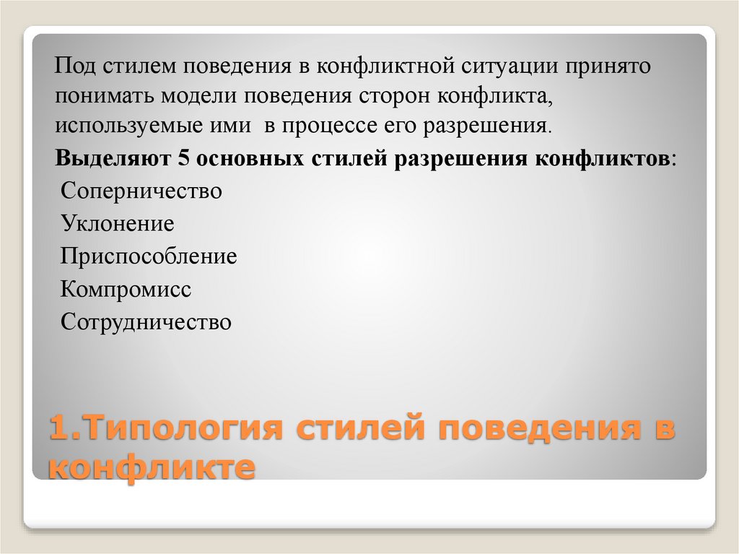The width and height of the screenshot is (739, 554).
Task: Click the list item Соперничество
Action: coord(141,192)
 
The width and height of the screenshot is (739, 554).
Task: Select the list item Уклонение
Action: coord(118,224)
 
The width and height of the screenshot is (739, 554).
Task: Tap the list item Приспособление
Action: coord(149,256)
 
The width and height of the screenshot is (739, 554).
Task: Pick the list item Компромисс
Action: coord(126,289)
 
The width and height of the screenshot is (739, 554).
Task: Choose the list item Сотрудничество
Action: coord(147,321)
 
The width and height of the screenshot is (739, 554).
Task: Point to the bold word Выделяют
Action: coord(112,158)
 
